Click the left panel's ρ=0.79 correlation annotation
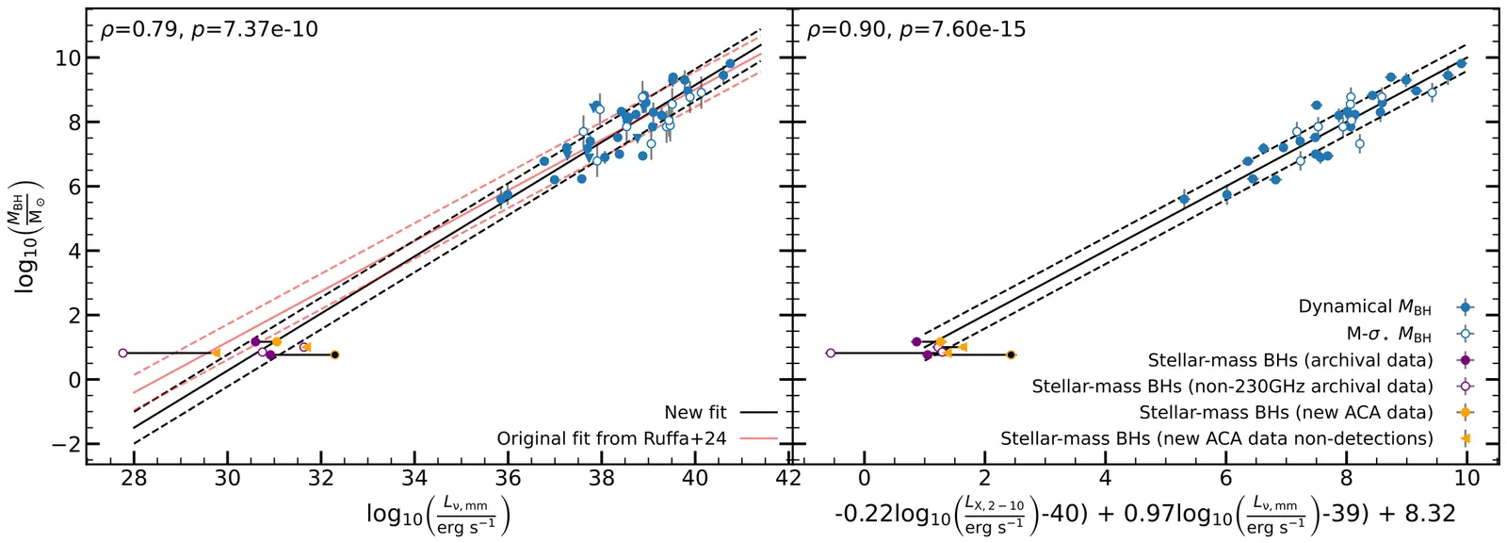pyautogui.click(x=209, y=29)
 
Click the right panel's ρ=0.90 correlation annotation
pyautogui.click(x=916, y=29)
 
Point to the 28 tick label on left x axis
pyautogui.click(x=134, y=478)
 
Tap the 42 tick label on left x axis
pyautogui.click(x=787, y=478)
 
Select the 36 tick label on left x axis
pyautogui.click(x=508, y=478)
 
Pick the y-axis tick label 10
pyautogui.click(x=66, y=58)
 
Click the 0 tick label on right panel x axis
pyautogui.click(x=865, y=478)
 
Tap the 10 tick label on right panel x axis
pyautogui.click(x=1466, y=478)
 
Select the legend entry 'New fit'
pyautogui.click(x=695, y=412)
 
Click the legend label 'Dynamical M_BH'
pyautogui.click(x=1364, y=306)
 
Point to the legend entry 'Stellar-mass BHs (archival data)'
pyautogui.click(x=1289, y=359)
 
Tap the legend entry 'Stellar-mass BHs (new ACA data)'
pyautogui.click(x=1286, y=412)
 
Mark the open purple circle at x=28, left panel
pyautogui.click(x=123, y=353)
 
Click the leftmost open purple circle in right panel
pyautogui.click(x=830, y=353)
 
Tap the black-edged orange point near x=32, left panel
pyautogui.click(x=334, y=354)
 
